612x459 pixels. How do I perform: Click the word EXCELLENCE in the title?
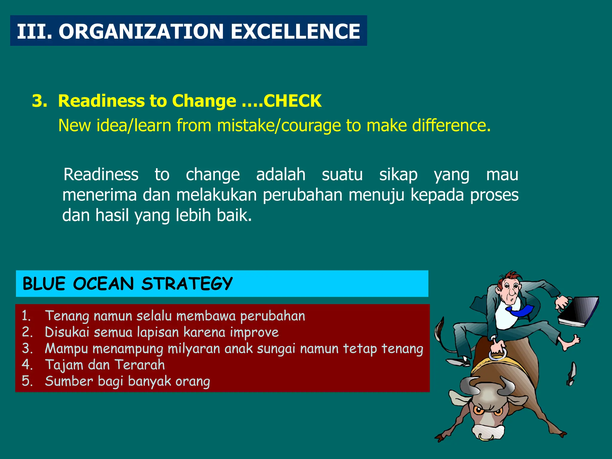coord(295,31)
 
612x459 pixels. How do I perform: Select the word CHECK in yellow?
coord(292,101)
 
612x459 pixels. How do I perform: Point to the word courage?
coord(311,126)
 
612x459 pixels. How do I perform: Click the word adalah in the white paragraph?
coord(281,175)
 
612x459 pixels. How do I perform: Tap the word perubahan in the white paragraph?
coord(302,195)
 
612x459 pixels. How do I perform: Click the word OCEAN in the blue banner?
coord(103,284)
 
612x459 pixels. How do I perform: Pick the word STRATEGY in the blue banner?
coord(187,284)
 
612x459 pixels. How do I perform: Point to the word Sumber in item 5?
coord(69,381)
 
